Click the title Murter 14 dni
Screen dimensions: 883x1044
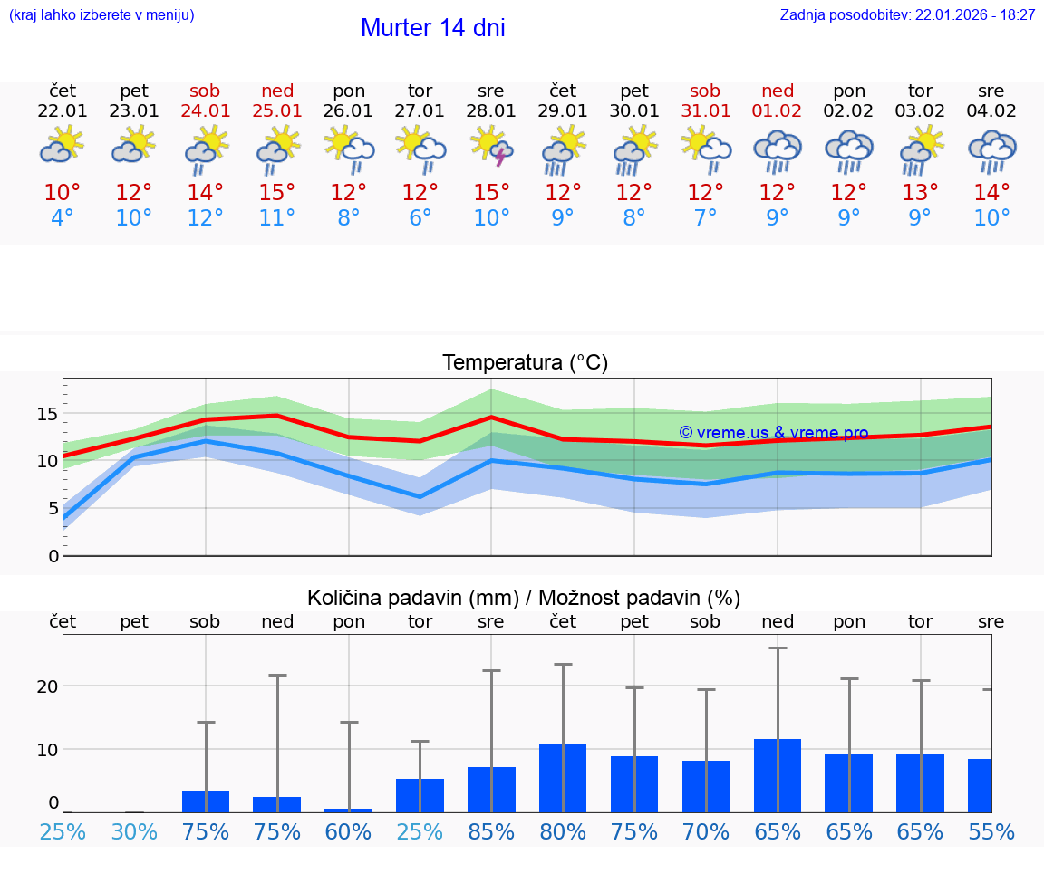coord(432,28)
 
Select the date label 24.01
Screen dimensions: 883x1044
coord(206,111)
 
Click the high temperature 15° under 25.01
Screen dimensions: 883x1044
coord(277,193)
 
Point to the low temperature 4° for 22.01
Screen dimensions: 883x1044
coord(63,218)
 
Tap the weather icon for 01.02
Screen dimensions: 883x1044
coord(777,150)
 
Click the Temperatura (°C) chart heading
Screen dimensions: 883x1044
coord(525,363)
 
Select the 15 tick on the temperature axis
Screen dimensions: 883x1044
coord(47,414)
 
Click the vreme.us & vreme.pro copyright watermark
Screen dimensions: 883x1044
coord(773,433)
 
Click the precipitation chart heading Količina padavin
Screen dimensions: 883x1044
coord(524,598)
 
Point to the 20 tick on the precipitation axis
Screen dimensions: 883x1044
coord(47,686)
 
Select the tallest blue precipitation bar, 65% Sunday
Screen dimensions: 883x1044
coord(777,775)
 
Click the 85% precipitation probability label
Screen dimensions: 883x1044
coord(491,832)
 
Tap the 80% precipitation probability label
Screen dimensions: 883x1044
coord(563,832)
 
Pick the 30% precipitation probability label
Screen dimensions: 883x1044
coord(134,832)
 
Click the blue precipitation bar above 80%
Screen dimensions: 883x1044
coord(563,778)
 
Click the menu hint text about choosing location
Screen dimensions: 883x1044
coord(101,15)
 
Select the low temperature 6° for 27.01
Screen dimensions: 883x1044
coord(420,218)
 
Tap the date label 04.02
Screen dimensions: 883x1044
coord(991,111)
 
